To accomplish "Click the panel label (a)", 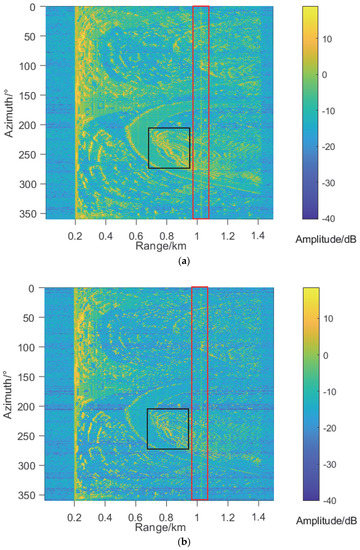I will click(181, 259).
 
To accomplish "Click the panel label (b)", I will click(181, 541).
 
